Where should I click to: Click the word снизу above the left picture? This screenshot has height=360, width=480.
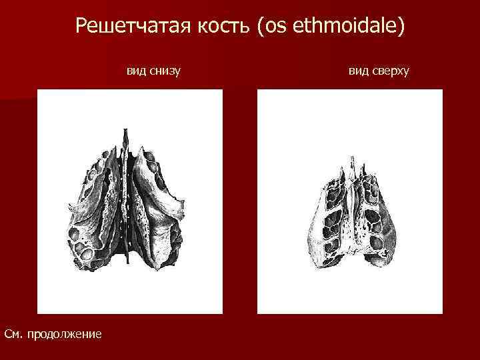[x=165, y=69]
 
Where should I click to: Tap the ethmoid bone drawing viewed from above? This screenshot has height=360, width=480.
[x=349, y=213]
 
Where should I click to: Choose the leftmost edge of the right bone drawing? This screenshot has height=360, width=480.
[x=307, y=230]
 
